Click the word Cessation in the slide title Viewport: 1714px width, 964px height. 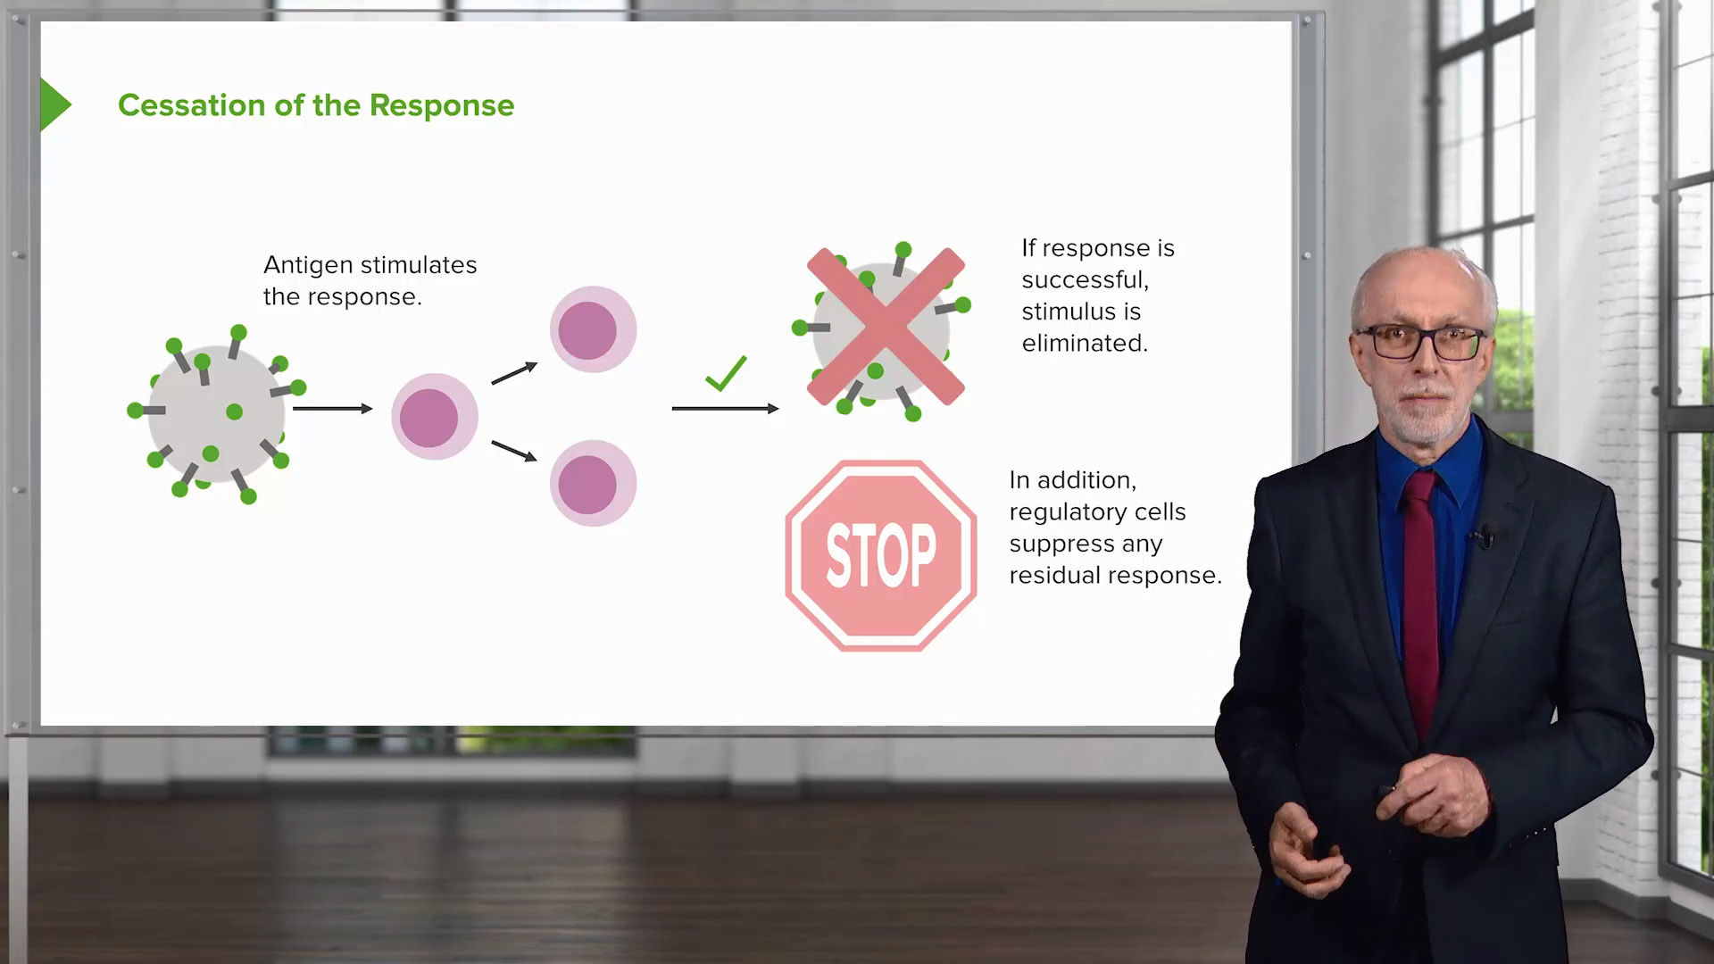click(x=191, y=105)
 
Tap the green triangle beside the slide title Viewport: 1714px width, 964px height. click(x=54, y=104)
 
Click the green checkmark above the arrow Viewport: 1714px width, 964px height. click(x=726, y=373)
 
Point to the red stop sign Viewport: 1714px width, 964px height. click(x=881, y=556)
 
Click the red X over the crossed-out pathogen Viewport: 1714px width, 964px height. click(x=886, y=327)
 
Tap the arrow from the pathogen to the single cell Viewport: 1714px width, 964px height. click(x=332, y=409)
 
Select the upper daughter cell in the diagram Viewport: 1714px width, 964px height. click(x=593, y=329)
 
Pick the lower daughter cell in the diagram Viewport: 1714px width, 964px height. click(x=593, y=483)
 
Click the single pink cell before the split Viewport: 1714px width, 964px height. click(x=435, y=417)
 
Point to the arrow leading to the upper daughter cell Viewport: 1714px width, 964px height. click(x=514, y=373)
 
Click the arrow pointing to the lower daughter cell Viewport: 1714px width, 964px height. click(x=514, y=451)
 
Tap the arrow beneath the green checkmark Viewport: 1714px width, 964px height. click(x=725, y=409)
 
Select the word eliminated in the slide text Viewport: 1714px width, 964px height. click(x=1085, y=344)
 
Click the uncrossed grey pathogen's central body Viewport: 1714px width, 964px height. click(x=216, y=413)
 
